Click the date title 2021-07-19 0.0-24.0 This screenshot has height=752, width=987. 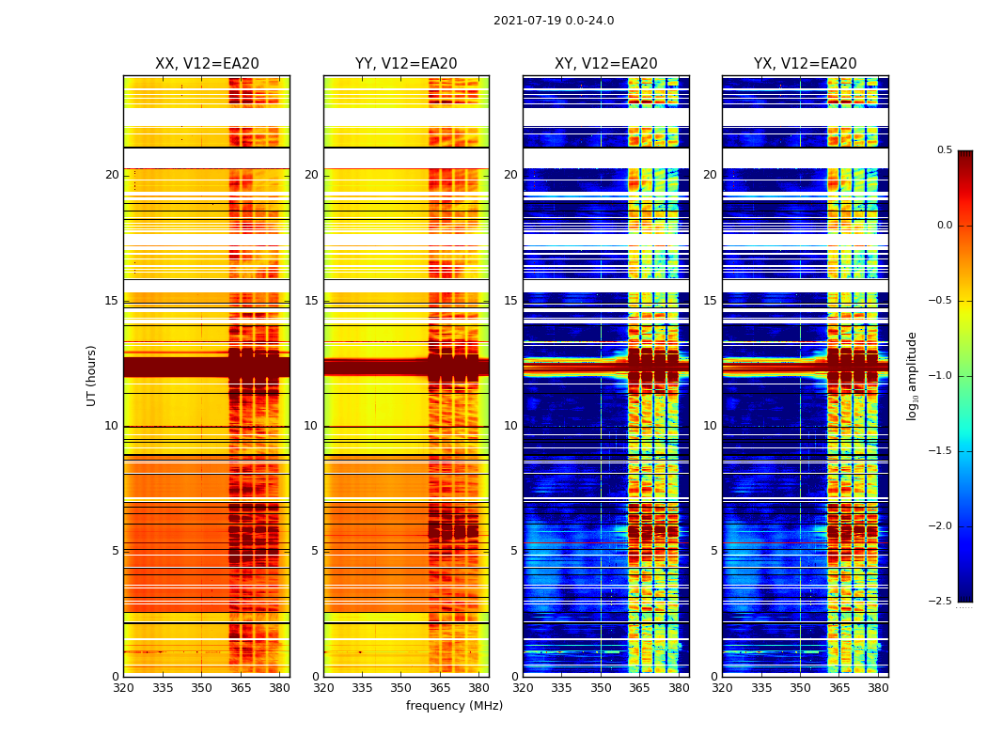(x=554, y=21)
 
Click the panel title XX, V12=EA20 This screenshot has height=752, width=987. (x=207, y=64)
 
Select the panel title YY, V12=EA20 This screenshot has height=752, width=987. (x=406, y=64)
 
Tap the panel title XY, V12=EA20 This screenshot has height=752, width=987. (x=606, y=64)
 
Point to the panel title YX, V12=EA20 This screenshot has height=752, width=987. (x=806, y=64)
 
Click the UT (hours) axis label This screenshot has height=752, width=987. (x=92, y=375)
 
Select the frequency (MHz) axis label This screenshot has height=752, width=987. (x=454, y=706)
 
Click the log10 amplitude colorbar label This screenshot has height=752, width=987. (x=912, y=375)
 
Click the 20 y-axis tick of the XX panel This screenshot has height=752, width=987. (x=112, y=175)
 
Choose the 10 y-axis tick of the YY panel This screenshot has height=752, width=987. (x=311, y=426)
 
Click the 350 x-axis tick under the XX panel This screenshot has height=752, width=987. (x=201, y=688)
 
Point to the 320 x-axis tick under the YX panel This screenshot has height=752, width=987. (x=722, y=688)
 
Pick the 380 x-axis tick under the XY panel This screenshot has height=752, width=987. (x=679, y=688)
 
